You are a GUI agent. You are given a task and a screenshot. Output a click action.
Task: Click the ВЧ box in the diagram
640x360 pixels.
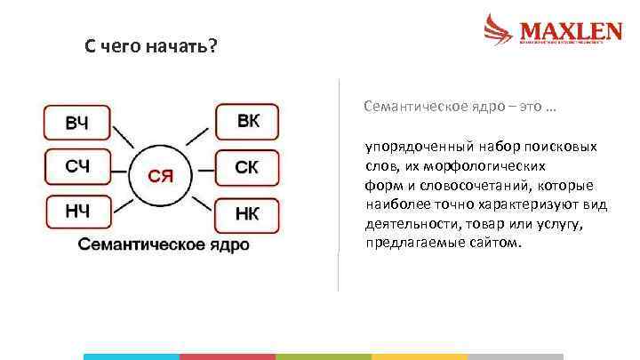point(77,123)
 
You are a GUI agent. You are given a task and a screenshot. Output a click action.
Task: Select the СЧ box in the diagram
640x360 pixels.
point(77,166)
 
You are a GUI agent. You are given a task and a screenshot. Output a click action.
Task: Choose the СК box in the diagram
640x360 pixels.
point(247,166)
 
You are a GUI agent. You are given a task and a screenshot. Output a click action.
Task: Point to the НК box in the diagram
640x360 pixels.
point(247,213)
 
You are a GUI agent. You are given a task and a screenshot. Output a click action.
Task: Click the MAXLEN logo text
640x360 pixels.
point(570,31)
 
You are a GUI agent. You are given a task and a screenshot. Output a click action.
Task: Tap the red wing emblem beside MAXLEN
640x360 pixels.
point(499,29)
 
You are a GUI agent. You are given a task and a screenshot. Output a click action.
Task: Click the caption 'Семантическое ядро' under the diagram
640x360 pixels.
point(164,244)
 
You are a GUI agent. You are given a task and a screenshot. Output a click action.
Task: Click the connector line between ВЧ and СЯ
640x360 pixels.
point(123,138)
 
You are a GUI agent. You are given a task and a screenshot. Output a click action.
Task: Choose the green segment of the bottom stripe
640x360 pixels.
point(324,356)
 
